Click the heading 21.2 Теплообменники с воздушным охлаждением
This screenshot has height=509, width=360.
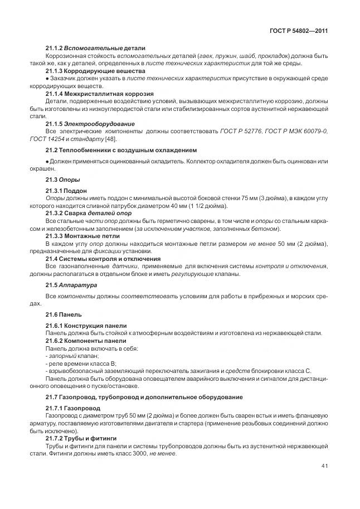coord(121,150)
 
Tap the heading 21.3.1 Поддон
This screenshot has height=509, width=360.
coord(66,191)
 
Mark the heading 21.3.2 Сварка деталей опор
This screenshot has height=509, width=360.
coord(88,213)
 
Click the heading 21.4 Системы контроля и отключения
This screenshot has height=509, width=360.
coord(103,259)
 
